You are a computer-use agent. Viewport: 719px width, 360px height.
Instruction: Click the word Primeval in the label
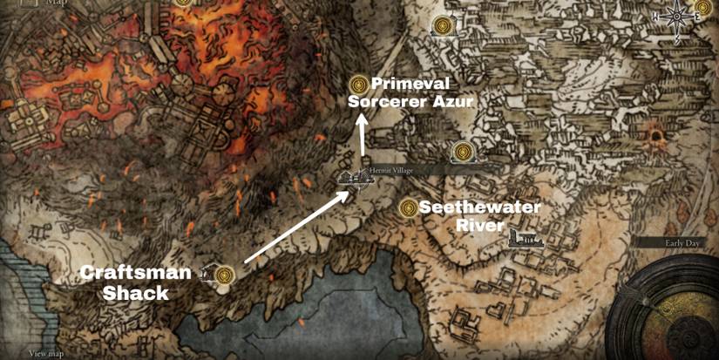[x=411, y=85]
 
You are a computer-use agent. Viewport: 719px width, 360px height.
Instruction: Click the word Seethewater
[x=480, y=207]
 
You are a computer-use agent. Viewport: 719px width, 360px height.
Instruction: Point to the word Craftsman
[x=136, y=273]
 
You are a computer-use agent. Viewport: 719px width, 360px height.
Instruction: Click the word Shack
[x=136, y=293]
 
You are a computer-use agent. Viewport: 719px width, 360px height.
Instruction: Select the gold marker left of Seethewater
[x=407, y=208]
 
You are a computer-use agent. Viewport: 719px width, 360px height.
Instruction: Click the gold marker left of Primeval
[x=357, y=84]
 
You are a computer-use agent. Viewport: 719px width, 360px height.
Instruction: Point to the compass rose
[x=676, y=17]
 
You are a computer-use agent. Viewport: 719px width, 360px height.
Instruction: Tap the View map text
[x=47, y=353]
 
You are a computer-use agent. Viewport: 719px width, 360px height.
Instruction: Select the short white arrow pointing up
[x=360, y=140]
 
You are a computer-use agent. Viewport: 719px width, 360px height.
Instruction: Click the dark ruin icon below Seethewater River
[x=526, y=239]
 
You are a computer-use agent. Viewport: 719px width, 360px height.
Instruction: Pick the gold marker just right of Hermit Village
[x=462, y=153]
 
